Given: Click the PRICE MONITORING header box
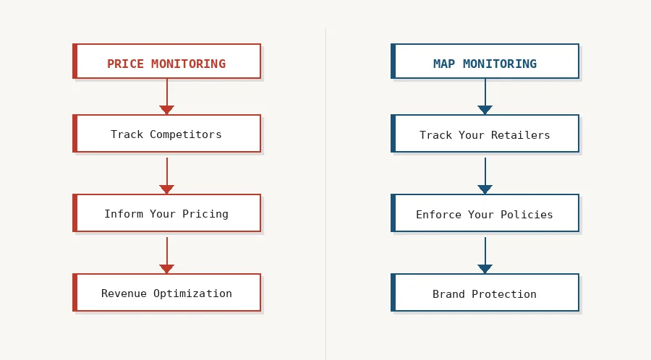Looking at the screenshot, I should point(166,61).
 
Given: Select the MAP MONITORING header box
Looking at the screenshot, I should point(485,61).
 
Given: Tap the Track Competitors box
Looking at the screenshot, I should point(166,134).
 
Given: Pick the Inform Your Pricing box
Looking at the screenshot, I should point(166,213).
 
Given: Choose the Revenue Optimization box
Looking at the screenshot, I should point(166,293).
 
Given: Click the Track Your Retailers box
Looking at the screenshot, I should point(485,134).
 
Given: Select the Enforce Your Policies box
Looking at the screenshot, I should point(485,213).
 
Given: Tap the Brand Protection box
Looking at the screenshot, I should point(485,293).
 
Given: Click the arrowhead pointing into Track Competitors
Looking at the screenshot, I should point(167,110).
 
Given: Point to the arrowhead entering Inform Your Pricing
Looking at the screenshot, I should point(167,189).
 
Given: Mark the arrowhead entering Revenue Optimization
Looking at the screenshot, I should point(167,269).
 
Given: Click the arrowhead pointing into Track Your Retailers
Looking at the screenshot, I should point(485,110).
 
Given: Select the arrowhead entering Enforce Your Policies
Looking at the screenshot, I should point(485,189).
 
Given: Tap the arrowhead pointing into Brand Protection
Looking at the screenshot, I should point(485,269).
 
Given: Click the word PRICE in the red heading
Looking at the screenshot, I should point(125,64).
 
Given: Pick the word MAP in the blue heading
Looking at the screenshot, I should point(444,64).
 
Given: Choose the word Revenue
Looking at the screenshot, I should point(124,293).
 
